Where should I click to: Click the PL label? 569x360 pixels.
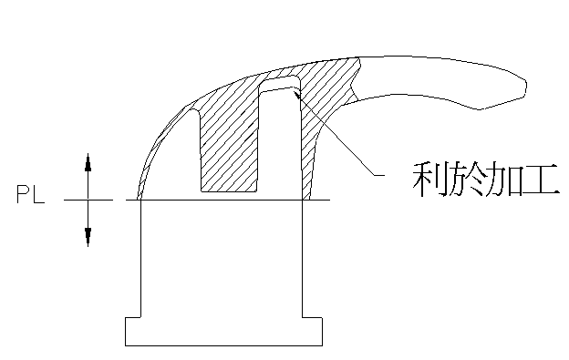coord(29,194)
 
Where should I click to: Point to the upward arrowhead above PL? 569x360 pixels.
coord(88,161)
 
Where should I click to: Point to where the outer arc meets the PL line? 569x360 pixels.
coord(138,199)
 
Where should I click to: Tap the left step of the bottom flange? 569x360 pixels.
coord(132,316)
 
